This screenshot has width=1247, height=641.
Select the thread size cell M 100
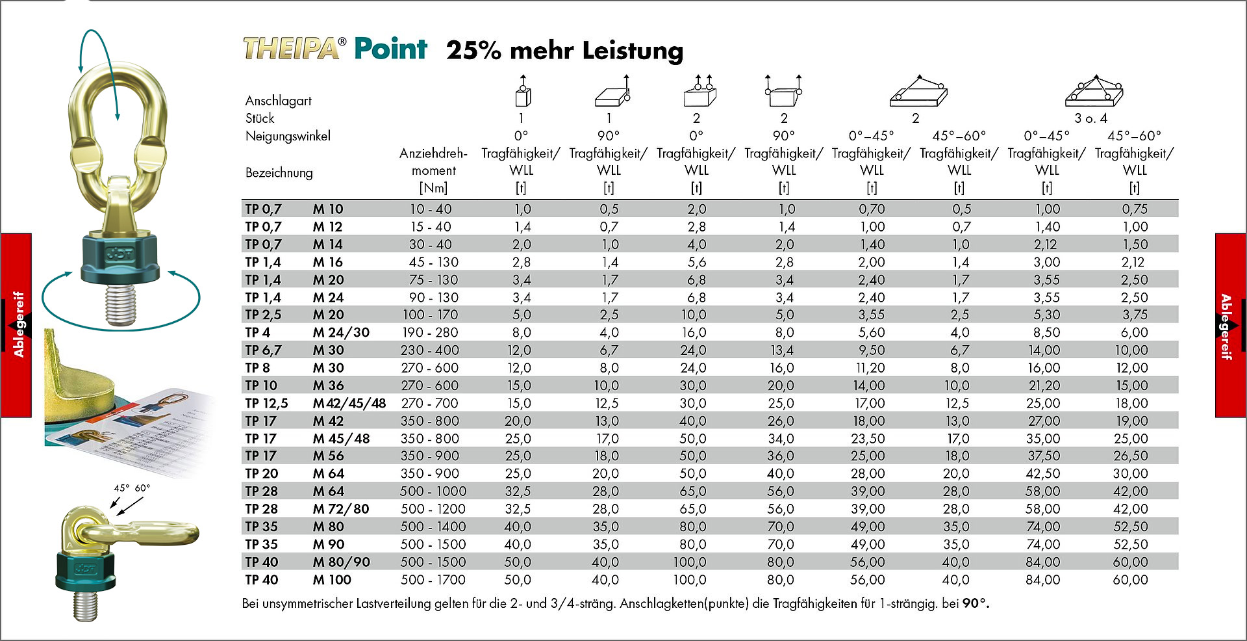click(x=332, y=580)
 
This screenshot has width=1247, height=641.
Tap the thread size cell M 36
click(x=328, y=386)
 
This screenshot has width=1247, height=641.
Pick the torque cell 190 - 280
click(x=430, y=332)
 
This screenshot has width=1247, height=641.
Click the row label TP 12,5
click(x=266, y=403)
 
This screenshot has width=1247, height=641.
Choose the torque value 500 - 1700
click(x=433, y=580)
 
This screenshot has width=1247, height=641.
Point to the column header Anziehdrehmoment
click(x=433, y=170)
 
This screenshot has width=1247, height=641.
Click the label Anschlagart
click(x=278, y=101)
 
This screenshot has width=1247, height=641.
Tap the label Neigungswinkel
click(x=288, y=137)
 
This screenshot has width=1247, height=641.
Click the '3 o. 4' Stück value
click(x=1090, y=118)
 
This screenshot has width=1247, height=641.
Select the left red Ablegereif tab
click(x=16, y=325)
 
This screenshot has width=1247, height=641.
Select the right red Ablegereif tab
click(x=1231, y=325)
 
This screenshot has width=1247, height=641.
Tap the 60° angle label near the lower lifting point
click(x=142, y=488)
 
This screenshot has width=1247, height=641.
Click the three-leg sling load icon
click(x=1094, y=91)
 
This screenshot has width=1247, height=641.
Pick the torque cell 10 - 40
click(x=430, y=209)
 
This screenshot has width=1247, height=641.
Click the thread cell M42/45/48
click(x=349, y=403)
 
